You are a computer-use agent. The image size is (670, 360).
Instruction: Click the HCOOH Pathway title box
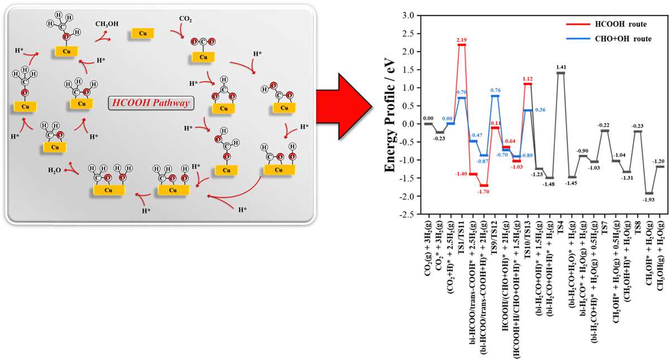pyautogui.click(x=151, y=103)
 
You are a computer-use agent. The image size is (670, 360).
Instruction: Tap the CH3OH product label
pyautogui.click(x=107, y=23)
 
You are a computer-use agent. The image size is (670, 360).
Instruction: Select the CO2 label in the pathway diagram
pyautogui.click(x=185, y=19)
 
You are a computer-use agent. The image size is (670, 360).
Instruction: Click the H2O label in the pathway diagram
pyautogui.click(x=55, y=170)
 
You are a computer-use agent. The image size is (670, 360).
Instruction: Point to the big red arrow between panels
pyautogui.click(x=344, y=107)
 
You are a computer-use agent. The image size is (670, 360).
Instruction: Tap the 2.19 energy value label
pyautogui.click(x=462, y=40)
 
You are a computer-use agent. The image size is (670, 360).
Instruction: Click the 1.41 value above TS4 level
pyautogui.click(x=561, y=67)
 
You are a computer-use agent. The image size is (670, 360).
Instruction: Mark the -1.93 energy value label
pyautogui.click(x=648, y=200)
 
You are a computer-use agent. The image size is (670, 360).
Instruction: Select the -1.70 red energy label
pyautogui.click(x=483, y=191)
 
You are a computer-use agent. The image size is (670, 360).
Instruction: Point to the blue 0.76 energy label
pyautogui.click(x=495, y=90)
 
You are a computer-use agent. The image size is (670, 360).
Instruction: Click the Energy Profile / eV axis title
pyautogui.click(x=390, y=116)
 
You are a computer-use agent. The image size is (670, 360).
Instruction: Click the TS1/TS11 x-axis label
pyautogui.click(x=462, y=237)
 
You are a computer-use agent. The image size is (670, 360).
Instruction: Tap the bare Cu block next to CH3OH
pyautogui.click(x=143, y=33)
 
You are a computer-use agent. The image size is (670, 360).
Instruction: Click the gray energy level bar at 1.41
pyautogui.click(x=561, y=73)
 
